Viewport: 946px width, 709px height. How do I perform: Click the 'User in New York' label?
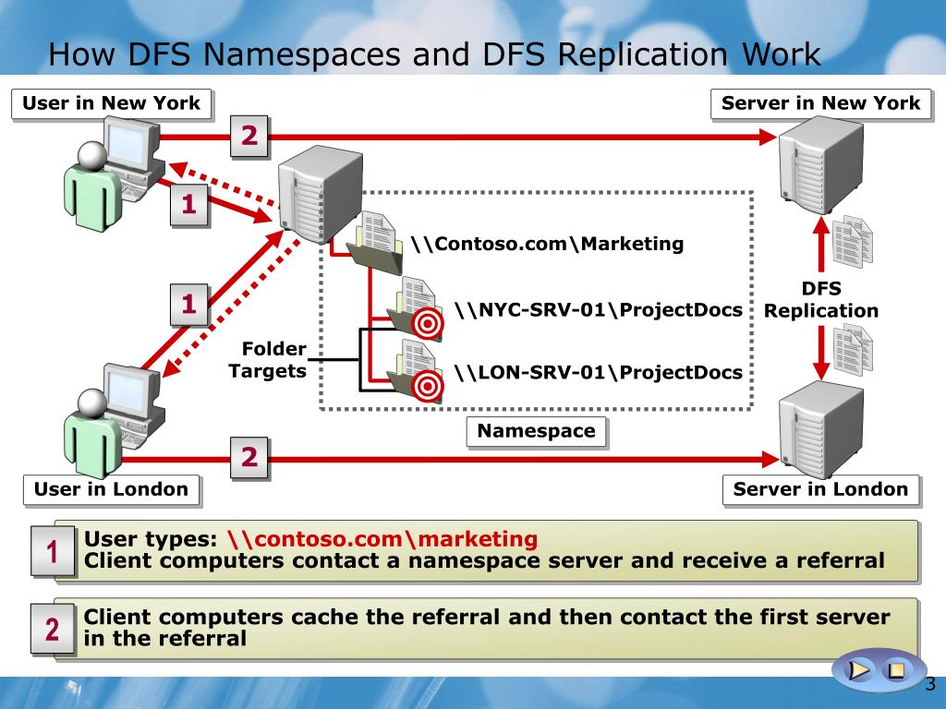(x=111, y=103)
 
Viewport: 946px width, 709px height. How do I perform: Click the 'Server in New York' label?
(x=820, y=103)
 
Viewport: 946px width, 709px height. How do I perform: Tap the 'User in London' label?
(x=111, y=489)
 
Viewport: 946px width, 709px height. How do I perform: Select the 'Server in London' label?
(x=820, y=489)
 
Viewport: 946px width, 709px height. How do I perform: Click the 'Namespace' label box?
(x=536, y=431)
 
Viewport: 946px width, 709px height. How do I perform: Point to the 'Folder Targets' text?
(x=268, y=360)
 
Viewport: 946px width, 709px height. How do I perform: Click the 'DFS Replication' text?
(x=821, y=300)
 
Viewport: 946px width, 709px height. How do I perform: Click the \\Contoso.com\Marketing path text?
(x=547, y=244)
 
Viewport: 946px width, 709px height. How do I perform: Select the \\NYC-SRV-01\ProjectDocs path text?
(x=599, y=309)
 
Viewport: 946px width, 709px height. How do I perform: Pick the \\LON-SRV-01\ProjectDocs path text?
(x=599, y=372)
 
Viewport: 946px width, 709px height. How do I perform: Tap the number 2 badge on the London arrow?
(x=249, y=457)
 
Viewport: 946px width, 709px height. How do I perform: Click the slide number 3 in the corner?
(x=929, y=684)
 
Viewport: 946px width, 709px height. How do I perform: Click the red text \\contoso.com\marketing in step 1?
(x=382, y=539)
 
